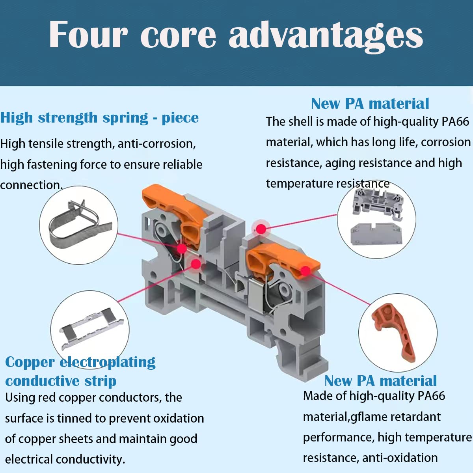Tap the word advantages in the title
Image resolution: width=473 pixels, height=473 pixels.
click(x=326, y=35)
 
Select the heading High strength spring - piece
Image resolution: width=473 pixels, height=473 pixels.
click(x=99, y=117)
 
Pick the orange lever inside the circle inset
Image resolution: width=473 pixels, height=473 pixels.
click(x=395, y=331)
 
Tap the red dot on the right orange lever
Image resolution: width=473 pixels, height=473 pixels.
click(x=305, y=271)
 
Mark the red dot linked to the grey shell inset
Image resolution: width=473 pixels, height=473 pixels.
click(x=261, y=229)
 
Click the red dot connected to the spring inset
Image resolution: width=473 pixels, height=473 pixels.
click(x=182, y=248)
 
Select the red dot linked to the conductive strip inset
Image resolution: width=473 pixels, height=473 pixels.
click(x=195, y=264)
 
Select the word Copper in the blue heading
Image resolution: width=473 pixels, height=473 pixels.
click(x=30, y=362)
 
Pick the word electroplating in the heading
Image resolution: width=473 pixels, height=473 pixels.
click(x=107, y=362)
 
